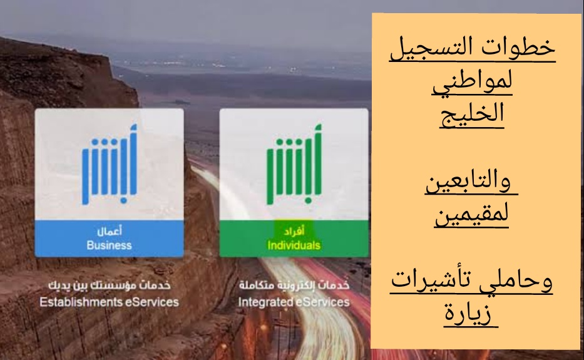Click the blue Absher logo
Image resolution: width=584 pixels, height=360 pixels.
click(109, 165)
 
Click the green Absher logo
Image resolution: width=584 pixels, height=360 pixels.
click(294, 165)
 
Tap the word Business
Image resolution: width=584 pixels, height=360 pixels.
click(109, 245)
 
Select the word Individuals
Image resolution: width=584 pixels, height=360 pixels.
click(294, 245)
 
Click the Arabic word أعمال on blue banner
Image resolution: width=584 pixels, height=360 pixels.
click(110, 231)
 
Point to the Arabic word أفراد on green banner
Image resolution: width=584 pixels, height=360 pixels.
click(294, 231)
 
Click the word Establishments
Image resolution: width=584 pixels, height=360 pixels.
click(81, 302)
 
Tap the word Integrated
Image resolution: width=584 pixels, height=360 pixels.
click(262, 302)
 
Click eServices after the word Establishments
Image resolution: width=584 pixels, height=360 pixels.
click(152, 302)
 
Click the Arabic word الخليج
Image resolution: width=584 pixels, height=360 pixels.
click(472, 113)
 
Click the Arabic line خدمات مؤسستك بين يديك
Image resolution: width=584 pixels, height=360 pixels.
click(110, 286)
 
